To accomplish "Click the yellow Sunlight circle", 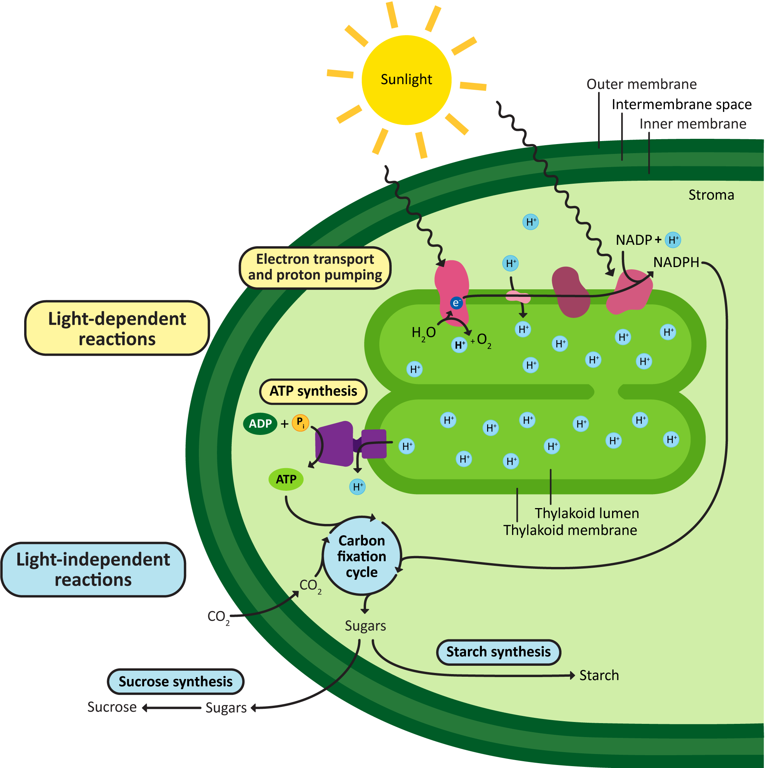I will point(406,80).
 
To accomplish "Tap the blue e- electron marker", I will point(456,303).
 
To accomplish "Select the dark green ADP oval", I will point(260,423).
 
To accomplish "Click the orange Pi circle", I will point(300,422).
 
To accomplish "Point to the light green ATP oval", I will point(286,479).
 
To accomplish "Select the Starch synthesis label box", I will point(498,652).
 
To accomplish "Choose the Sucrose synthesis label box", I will point(175,682).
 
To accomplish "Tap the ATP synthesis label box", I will point(313,391).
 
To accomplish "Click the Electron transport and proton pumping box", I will point(315,267).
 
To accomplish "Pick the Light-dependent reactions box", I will point(117,328).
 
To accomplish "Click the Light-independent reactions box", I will point(93,569).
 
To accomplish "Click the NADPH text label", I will point(676,263).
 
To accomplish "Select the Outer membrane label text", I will point(641,84).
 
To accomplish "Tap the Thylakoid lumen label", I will point(586,513).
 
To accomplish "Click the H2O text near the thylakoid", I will point(423,332).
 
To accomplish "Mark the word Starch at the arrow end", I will point(598,675).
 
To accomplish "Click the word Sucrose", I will point(112,707).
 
